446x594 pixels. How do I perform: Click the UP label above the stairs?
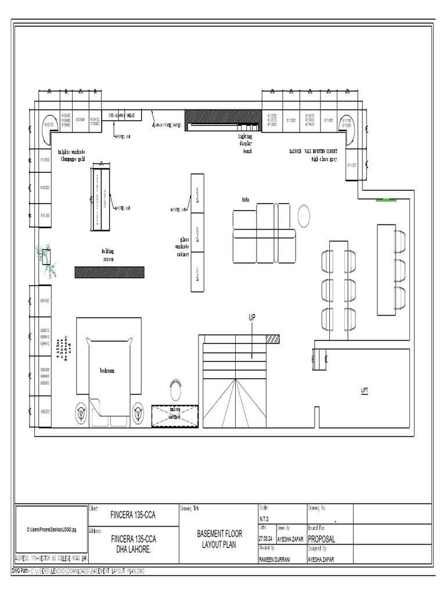coord(252,317)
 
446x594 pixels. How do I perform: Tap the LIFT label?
coord(365,390)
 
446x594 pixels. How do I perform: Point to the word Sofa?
coord(246,199)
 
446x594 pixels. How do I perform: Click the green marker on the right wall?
coord(386,201)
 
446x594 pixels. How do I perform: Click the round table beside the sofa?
coord(304,216)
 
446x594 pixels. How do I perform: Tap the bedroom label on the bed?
coord(107,370)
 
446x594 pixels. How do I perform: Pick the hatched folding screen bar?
coord(109,272)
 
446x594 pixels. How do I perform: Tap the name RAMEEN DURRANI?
coord(275,559)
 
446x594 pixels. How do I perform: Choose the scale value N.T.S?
coord(265,519)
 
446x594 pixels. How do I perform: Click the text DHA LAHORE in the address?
coord(133,548)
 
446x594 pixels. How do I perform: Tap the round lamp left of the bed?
coord(81,411)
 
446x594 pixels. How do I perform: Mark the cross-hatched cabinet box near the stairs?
coord(175,415)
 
